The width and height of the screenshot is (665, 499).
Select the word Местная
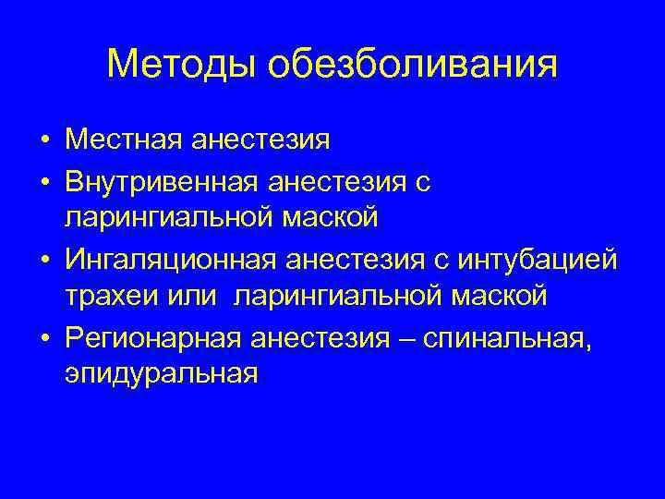123,140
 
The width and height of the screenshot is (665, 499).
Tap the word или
192,297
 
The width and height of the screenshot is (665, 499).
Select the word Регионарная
151,335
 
